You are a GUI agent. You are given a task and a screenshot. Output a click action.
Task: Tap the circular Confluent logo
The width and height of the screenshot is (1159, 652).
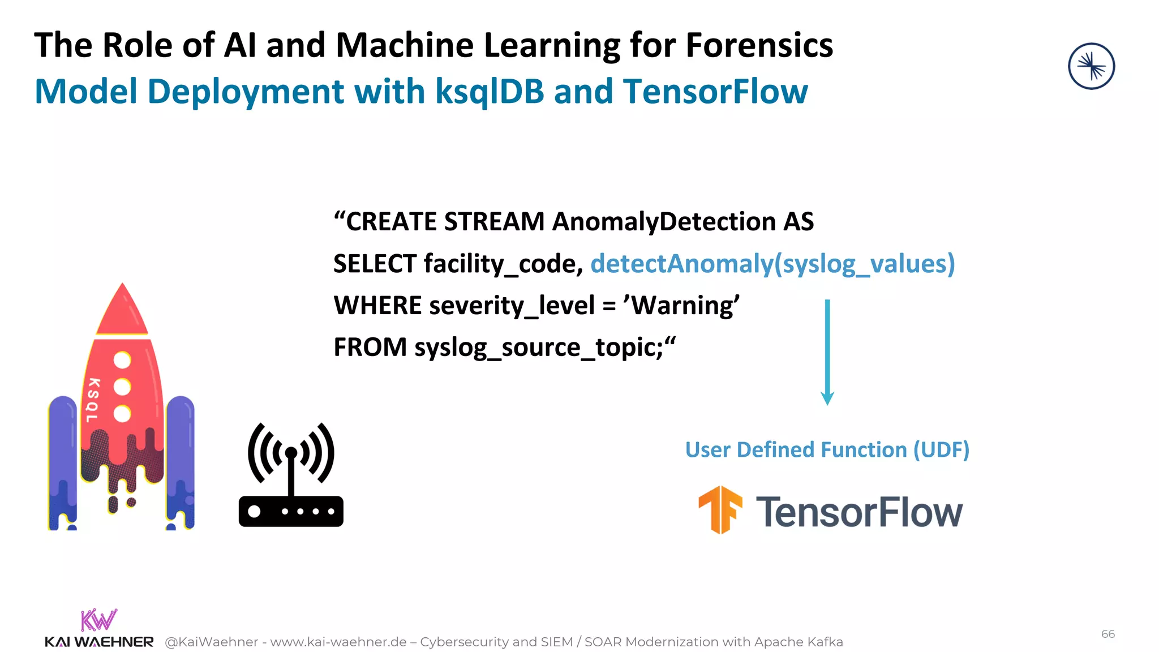1091,66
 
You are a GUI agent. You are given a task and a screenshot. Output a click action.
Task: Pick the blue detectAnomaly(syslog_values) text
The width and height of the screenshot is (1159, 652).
772,264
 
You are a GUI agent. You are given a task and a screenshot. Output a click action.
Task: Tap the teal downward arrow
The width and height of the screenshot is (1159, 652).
827,351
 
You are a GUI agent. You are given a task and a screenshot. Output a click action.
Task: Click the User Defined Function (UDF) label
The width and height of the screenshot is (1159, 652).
827,450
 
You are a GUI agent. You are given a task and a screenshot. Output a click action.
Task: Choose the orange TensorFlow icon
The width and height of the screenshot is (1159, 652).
720,509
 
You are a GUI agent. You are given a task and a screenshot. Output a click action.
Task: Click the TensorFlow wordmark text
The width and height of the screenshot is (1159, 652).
859,512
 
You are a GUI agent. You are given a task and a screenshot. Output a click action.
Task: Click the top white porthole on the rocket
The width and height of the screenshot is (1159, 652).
122,360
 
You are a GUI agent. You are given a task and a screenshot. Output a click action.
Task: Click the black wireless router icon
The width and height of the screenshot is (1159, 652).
291,475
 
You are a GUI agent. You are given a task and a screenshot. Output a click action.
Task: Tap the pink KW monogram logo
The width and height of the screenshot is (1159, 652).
98,620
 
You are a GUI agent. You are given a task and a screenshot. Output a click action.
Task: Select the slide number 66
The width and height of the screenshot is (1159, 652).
1108,634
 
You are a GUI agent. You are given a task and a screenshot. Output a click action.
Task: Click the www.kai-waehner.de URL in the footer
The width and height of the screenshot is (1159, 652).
338,642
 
